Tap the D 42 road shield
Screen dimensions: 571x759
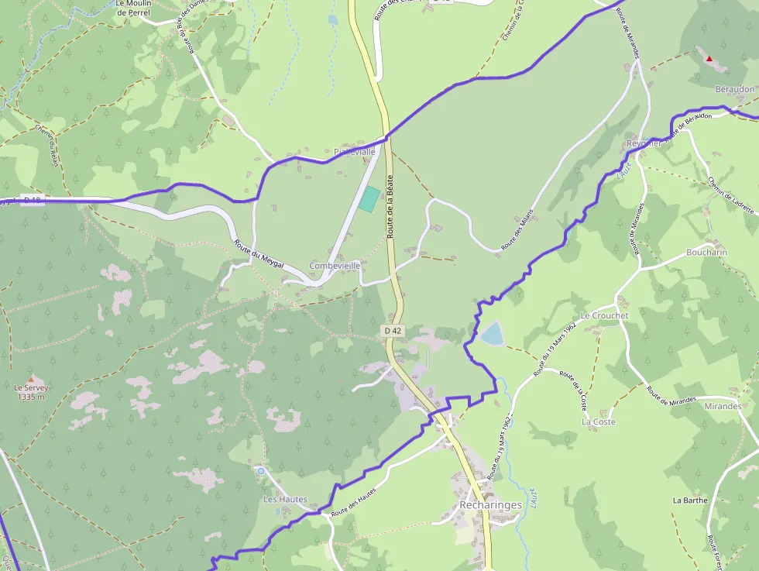[x=393, y=331]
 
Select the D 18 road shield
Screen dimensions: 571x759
[x=32, y=200]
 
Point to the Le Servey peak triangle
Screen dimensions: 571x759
[x=31, y=379]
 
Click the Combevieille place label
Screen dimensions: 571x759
[x=335, y=266]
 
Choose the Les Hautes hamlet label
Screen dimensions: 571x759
[x=285, y=500]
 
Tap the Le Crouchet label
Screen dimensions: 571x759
[x=604, y=316]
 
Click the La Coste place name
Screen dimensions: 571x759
[x=599, y=421]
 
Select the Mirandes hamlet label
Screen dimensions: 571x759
[x=723, y=406]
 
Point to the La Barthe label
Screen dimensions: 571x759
[x=690, y=500]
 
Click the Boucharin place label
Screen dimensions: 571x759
[x=706, y=253]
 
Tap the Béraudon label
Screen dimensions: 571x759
[x=734, y=89]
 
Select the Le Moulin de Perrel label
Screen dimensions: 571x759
[x=133, y=8]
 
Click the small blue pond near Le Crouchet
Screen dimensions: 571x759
[x=491, y=335]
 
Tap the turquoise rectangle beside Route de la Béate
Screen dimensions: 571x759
[x=369, y=199]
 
